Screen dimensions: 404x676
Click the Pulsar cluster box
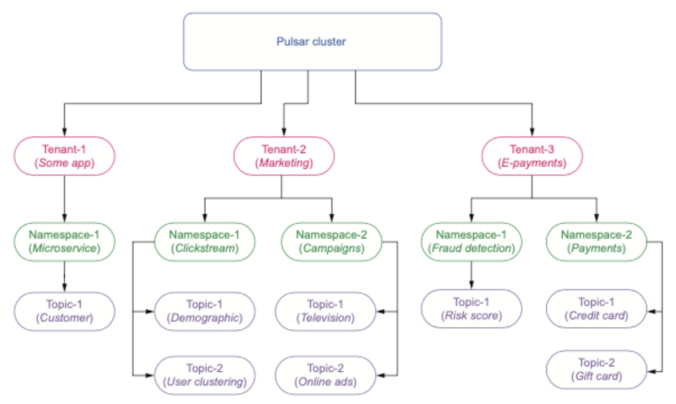[x=312, y=41]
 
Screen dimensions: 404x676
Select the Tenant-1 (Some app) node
[x=64, y=156]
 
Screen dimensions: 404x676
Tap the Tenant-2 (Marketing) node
[x=284, y=156]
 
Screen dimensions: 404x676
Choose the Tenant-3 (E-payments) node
[x=532, y=156]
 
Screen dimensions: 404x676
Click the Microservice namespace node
[x=64, y=242]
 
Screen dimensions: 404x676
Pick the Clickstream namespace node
[x=204, y=242]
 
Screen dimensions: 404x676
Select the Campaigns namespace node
[x=331, y=242]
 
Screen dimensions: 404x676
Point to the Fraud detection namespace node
[x=471, y=242]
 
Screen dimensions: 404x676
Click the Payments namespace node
[x=596, y=242]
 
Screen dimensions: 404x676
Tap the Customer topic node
[x=64, y=311]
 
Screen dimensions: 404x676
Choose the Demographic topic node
[x=204, y=311]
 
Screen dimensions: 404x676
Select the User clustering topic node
[x=204, y=375]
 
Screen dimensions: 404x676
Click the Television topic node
[x=325, y=311]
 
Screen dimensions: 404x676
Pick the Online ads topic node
[x=325, y=375]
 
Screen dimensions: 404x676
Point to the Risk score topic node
[x=471, y=309]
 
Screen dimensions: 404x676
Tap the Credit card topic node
[x=596, y=309]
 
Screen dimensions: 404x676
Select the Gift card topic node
[x=596, y=369]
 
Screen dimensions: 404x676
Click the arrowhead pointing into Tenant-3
[x=532, y=132]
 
